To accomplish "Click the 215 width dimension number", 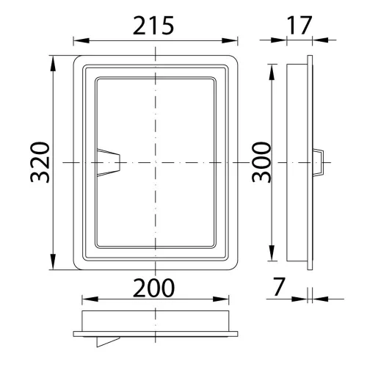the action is coord(153,25).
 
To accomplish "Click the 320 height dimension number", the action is coord(40,162).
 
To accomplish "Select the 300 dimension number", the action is coord(261,162).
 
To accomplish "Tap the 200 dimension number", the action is coord(153,288).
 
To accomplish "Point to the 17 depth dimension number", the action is coord(299,25).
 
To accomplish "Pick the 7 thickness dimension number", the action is coord(279,286).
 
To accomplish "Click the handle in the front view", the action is coord(109,162).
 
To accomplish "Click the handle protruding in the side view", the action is coord(318,162).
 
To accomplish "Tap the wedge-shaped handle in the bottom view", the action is coord(104,341).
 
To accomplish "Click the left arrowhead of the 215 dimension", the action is coord(81,40).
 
